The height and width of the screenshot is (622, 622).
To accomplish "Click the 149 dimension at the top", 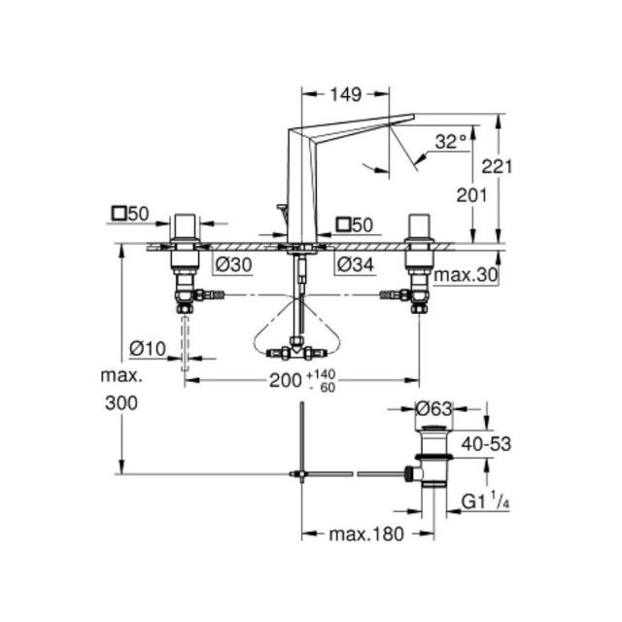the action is point(346,94).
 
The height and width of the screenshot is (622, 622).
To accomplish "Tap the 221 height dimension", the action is point(497,166).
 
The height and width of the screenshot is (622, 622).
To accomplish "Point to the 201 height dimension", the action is point(471,195).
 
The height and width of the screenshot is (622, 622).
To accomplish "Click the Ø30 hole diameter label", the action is point(234,264).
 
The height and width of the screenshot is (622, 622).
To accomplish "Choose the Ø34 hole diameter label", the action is point(356,264).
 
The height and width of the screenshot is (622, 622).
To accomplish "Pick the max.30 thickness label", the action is point(466,274).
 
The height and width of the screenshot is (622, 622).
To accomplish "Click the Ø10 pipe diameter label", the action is point(148,349).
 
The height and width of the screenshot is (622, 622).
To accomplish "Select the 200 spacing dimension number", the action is point(286,380).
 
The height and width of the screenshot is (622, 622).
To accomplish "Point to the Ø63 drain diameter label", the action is point(433,408).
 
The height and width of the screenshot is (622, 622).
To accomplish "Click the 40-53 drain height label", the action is point(486,444).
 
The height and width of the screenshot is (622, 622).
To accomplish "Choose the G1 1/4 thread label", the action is point(485,501).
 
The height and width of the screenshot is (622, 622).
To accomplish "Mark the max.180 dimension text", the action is point(366,535).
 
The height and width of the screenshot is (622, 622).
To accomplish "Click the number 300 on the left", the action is point(121,403).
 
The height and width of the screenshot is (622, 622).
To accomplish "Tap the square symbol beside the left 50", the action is point(119,214).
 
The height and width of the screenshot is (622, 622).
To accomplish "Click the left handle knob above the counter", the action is point(185,227).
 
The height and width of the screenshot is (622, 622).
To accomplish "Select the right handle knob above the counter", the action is point(419,227).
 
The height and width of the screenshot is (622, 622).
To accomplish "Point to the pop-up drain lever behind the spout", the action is point(283,211).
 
